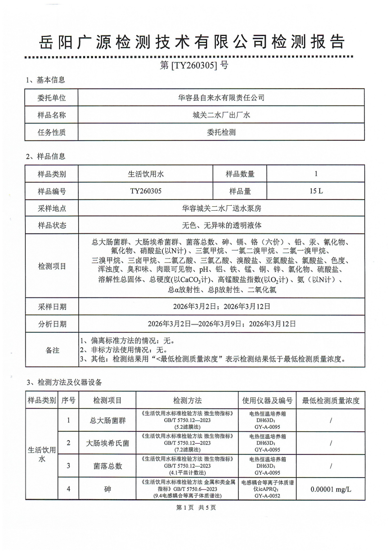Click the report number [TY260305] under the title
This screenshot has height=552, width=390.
tap(194, 65)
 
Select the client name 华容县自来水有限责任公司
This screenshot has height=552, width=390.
tap(221, 97)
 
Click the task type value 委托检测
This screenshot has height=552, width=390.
tap(221, 132)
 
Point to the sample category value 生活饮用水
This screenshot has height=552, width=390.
tap(145, 174)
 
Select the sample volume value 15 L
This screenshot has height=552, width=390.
tap(316, 191)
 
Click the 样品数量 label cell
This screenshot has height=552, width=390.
tap(240, 174)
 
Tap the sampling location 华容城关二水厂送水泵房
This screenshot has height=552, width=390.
tap(221, 208)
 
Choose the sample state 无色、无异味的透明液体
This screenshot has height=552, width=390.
tap(221, 226)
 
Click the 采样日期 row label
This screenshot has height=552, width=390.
tap(52, 306)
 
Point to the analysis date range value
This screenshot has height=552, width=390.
tap(221, 324)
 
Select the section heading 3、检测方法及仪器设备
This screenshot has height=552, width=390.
tap(63, 382)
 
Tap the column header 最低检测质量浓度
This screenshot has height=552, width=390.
tap(330, 400)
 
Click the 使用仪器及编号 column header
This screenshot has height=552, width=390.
tap(268, 400)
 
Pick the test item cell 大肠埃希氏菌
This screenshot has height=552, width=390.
tap(107, 443)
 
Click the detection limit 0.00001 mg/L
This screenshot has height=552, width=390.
tap(330, 490)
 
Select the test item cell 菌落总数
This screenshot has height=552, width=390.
tap(107, 466)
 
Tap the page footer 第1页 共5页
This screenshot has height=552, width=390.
tap(195, 507)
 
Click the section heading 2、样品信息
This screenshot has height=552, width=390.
tap(45, 157)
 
